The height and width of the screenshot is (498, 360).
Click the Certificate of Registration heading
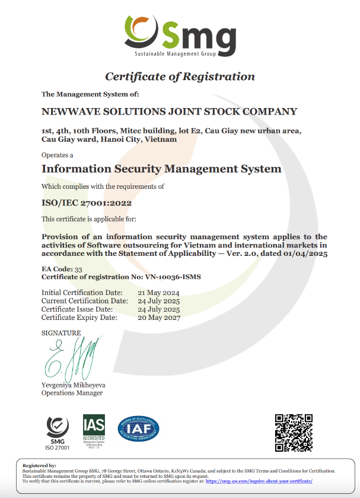click(x=180, y=77)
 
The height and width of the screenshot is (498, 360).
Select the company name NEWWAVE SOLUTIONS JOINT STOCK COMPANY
click(x=169, y=112)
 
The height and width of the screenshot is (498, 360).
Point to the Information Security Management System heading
click(x=161, y=169)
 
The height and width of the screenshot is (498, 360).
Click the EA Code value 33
click(x=78, y=269)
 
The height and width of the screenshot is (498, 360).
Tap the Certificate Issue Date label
click(x=77, y=309)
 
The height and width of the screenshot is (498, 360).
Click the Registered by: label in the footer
click(x=39, y=466)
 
